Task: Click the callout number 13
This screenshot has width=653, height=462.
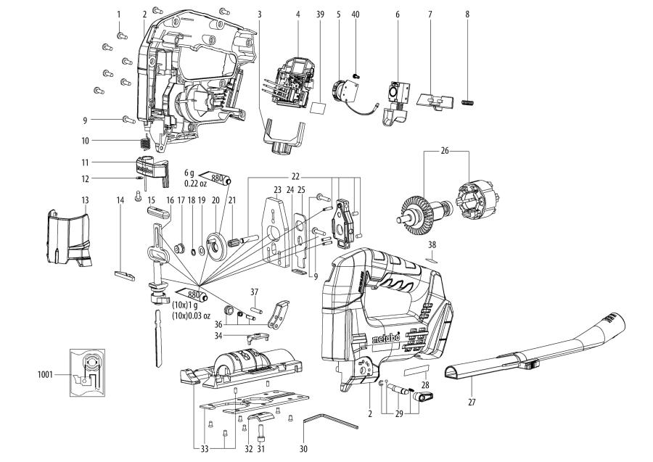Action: (x=84, y=199)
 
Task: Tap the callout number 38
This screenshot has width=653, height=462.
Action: (x=432, y=244)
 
